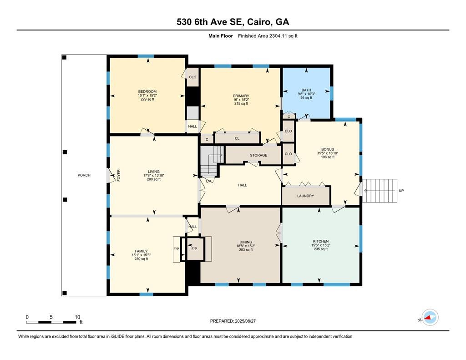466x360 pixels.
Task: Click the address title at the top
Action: [233, 22]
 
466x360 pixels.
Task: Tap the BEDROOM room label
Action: [147, 91]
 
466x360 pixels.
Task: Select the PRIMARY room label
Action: [241, 96]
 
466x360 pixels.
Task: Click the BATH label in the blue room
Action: [306, 90]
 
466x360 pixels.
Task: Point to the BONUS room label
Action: [327, 149]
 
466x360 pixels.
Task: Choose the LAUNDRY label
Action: [305, 196]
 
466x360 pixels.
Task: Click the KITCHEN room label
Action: [320, 241]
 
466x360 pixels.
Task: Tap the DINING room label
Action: [246, 242]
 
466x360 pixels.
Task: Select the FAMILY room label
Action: [141, 251]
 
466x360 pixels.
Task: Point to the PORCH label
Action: [84, 175]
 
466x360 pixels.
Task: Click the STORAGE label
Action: [258, 155]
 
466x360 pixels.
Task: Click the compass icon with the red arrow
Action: [430, 318]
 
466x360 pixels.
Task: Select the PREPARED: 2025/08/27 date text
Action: [233, 321]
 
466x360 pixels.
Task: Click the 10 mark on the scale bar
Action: [77, 317]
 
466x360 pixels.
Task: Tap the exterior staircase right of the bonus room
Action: [379, 190]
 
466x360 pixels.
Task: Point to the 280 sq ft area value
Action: [154, 179]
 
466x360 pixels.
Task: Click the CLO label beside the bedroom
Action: [192, 77]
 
